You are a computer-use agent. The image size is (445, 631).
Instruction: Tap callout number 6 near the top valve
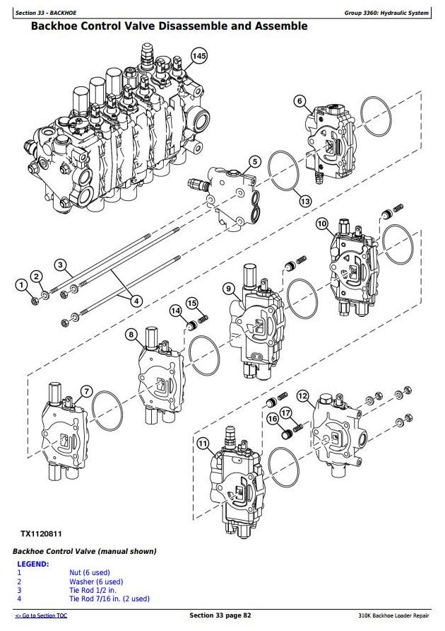coord(299,101)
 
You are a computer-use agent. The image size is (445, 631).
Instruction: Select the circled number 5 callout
coord(255,162)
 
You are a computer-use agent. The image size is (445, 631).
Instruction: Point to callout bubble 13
coord(304,201)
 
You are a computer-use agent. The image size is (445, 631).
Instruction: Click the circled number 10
coord(321,224)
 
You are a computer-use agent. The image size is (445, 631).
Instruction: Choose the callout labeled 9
coord(228,288)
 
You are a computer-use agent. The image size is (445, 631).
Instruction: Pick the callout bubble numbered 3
coord(61,266)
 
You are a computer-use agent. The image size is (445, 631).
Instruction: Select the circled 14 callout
coord(175,310)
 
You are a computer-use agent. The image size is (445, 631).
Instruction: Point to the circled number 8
coord(131,334)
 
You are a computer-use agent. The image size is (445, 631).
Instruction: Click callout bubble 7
coord(86,391)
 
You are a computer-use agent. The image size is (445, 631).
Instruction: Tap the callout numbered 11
coord(203,444)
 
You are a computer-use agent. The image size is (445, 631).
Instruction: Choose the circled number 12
coord(302,396)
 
